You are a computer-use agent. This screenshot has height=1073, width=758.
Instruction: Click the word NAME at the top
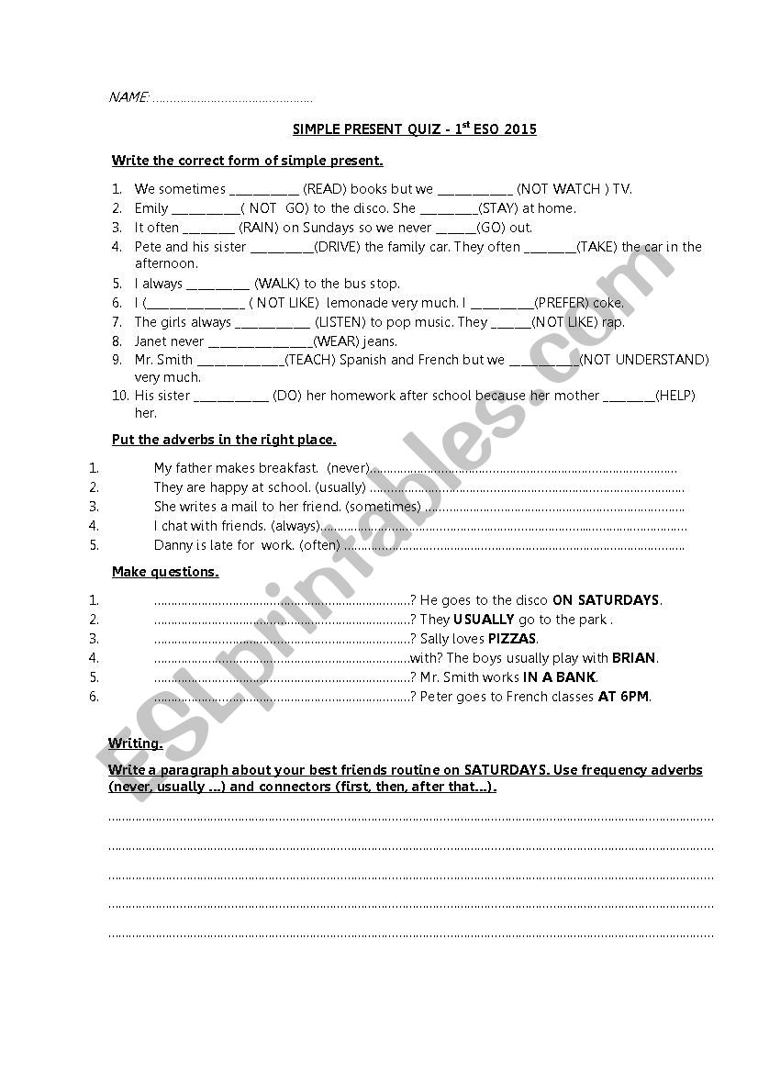128,97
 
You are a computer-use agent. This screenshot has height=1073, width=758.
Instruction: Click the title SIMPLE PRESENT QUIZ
360,130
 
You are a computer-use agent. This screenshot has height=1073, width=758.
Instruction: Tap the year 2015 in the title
519,130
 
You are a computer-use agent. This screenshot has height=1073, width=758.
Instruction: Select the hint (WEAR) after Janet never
335,341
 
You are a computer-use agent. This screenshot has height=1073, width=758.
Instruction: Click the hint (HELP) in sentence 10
675,396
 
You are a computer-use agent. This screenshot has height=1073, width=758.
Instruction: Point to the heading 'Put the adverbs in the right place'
224,440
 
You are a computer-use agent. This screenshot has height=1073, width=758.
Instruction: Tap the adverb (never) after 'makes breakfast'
348,468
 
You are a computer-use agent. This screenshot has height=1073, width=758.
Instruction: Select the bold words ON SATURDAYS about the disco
606,600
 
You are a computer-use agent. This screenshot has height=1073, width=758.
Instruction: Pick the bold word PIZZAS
512,639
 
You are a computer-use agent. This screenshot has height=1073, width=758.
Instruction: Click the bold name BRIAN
634,658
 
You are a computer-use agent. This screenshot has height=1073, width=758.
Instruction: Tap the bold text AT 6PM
624,697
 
